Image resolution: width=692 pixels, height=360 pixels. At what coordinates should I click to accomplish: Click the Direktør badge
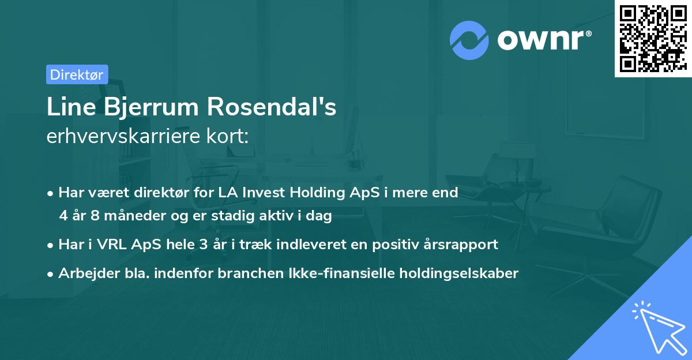(x=77, y=74)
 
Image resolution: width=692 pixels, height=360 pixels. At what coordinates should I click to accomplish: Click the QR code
(x=652, y=38)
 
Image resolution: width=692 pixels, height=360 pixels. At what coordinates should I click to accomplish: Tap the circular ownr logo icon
(x=469, y=40)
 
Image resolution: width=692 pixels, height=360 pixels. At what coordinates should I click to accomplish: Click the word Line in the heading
(x=69, y=107)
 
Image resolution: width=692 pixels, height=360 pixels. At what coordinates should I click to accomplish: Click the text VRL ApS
(x=116, y=245)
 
